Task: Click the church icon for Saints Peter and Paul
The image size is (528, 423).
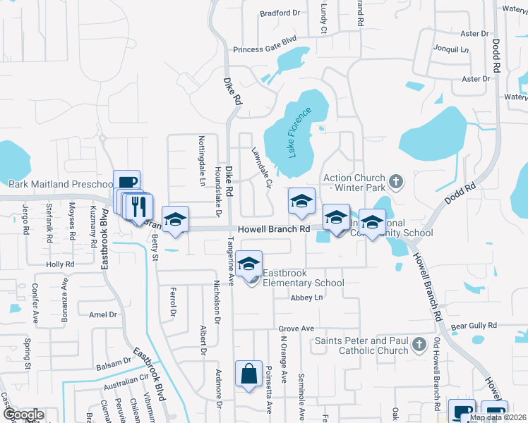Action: tap(419, 345)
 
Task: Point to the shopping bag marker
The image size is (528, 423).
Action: tap(250, 374)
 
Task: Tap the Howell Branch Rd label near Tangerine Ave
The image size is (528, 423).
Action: tap(274, 229)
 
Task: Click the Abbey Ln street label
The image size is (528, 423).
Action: tap(306, 298)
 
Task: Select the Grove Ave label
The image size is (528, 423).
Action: tap(296, 329)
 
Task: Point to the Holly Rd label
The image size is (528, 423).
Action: tap(55, 264)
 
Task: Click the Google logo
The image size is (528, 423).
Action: tap(23, 415)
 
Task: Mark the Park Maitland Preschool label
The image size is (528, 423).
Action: tap(56, 184)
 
